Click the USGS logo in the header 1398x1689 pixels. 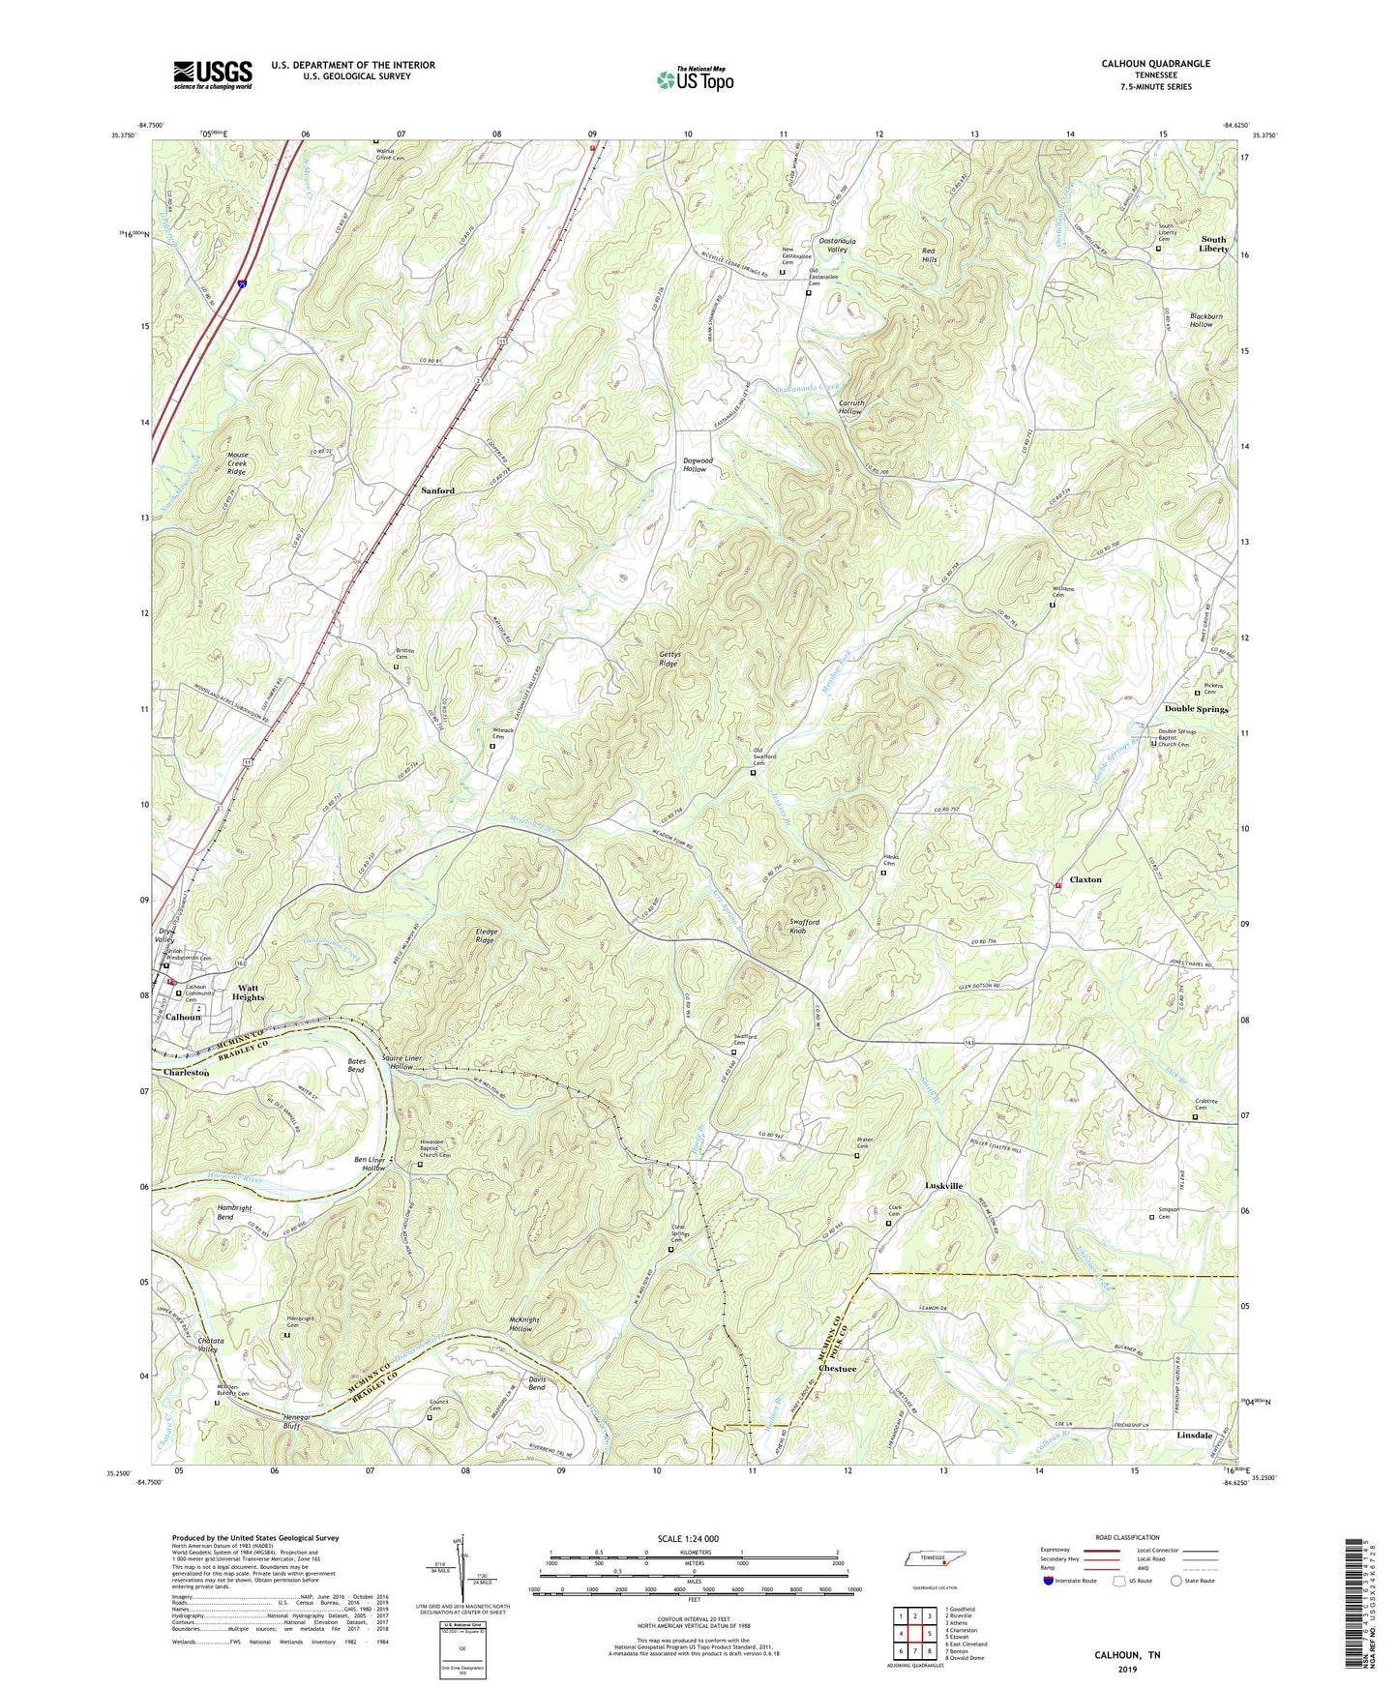pyautogui.click(x=213, y=74)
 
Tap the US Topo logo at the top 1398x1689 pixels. pyautogui.click(x=694, y=79)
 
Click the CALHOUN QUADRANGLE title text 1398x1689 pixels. pyautogui.click(x=1155, y=64)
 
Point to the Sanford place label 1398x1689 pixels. pyautogui.click(x=437, y=490)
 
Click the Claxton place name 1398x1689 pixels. pyautogui.click(x=1085, y=879)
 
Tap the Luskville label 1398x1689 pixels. pyautogui.click(x=943, y=1185)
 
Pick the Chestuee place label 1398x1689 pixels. pyautogui.click(x=837, y=1369)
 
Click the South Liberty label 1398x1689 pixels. pyautogui.click(x=1213, y=244)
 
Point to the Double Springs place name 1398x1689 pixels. pyautogui.click(x=1196, y=709)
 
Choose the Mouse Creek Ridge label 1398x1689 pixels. pyautogui.click(x=237, y=462)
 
